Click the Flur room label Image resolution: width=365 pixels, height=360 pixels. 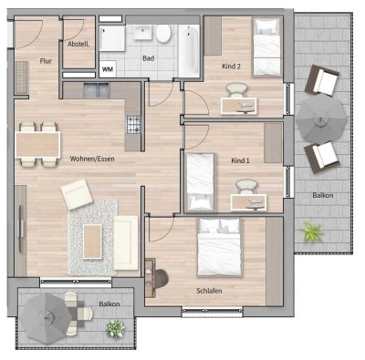tap(44, 61)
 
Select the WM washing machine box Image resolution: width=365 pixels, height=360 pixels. tap(108, 67)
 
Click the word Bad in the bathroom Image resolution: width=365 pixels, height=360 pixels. tap(147, 60)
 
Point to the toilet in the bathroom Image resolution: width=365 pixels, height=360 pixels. tap(164, 34)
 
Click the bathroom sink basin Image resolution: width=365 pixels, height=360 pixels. tap(144, 34)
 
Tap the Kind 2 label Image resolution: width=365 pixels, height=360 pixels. tap(232, 67)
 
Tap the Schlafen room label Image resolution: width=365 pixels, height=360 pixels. tap(209, 291)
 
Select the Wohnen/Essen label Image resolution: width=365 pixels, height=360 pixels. tap(92, 159)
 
